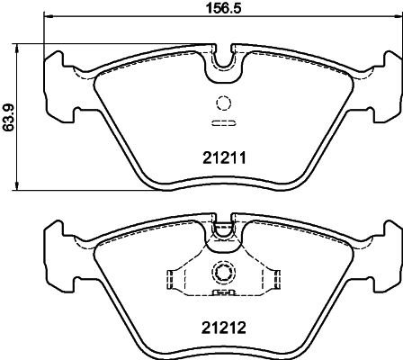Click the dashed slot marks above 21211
click(222, 123)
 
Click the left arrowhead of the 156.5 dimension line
click(50, 18)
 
